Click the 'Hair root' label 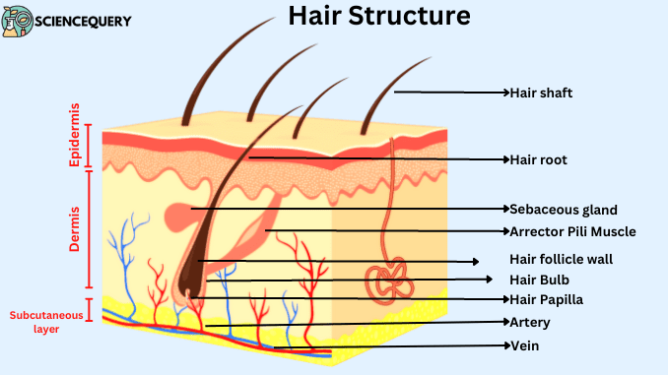click(538, 158)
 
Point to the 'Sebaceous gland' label click(564, 210)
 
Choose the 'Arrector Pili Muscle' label click(572, 232)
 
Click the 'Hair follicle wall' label click(561, 260)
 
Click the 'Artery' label click(530, 322)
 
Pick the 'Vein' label click(524, 345)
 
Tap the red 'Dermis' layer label click(75, 229)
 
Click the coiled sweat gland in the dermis click(391, 281)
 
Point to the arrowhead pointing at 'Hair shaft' click(504, 94)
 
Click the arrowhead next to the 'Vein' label click(504, 345)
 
